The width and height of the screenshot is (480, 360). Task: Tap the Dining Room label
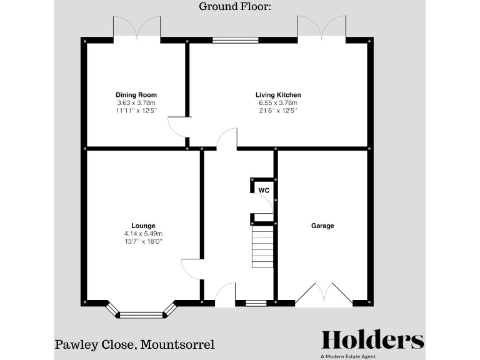click(x=136, y=95)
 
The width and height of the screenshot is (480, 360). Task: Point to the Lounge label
click(x=143, y=226)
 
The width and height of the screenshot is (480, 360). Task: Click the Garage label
click(x=322, y=226)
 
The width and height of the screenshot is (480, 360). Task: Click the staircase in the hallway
click(x=262, y=247)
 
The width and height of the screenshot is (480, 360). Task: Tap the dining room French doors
click(x=137, y=28)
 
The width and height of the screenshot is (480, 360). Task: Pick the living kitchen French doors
click(x=321, y=28)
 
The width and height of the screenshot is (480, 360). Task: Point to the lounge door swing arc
click(x=189, y=269)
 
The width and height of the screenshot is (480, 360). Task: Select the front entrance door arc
click(x=225, y=294)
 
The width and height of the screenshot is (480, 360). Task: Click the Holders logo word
click(x=372, y=339)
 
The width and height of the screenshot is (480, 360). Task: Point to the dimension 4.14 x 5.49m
click(x=143, y=234)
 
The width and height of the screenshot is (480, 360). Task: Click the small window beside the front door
click(x=255, y=304)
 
